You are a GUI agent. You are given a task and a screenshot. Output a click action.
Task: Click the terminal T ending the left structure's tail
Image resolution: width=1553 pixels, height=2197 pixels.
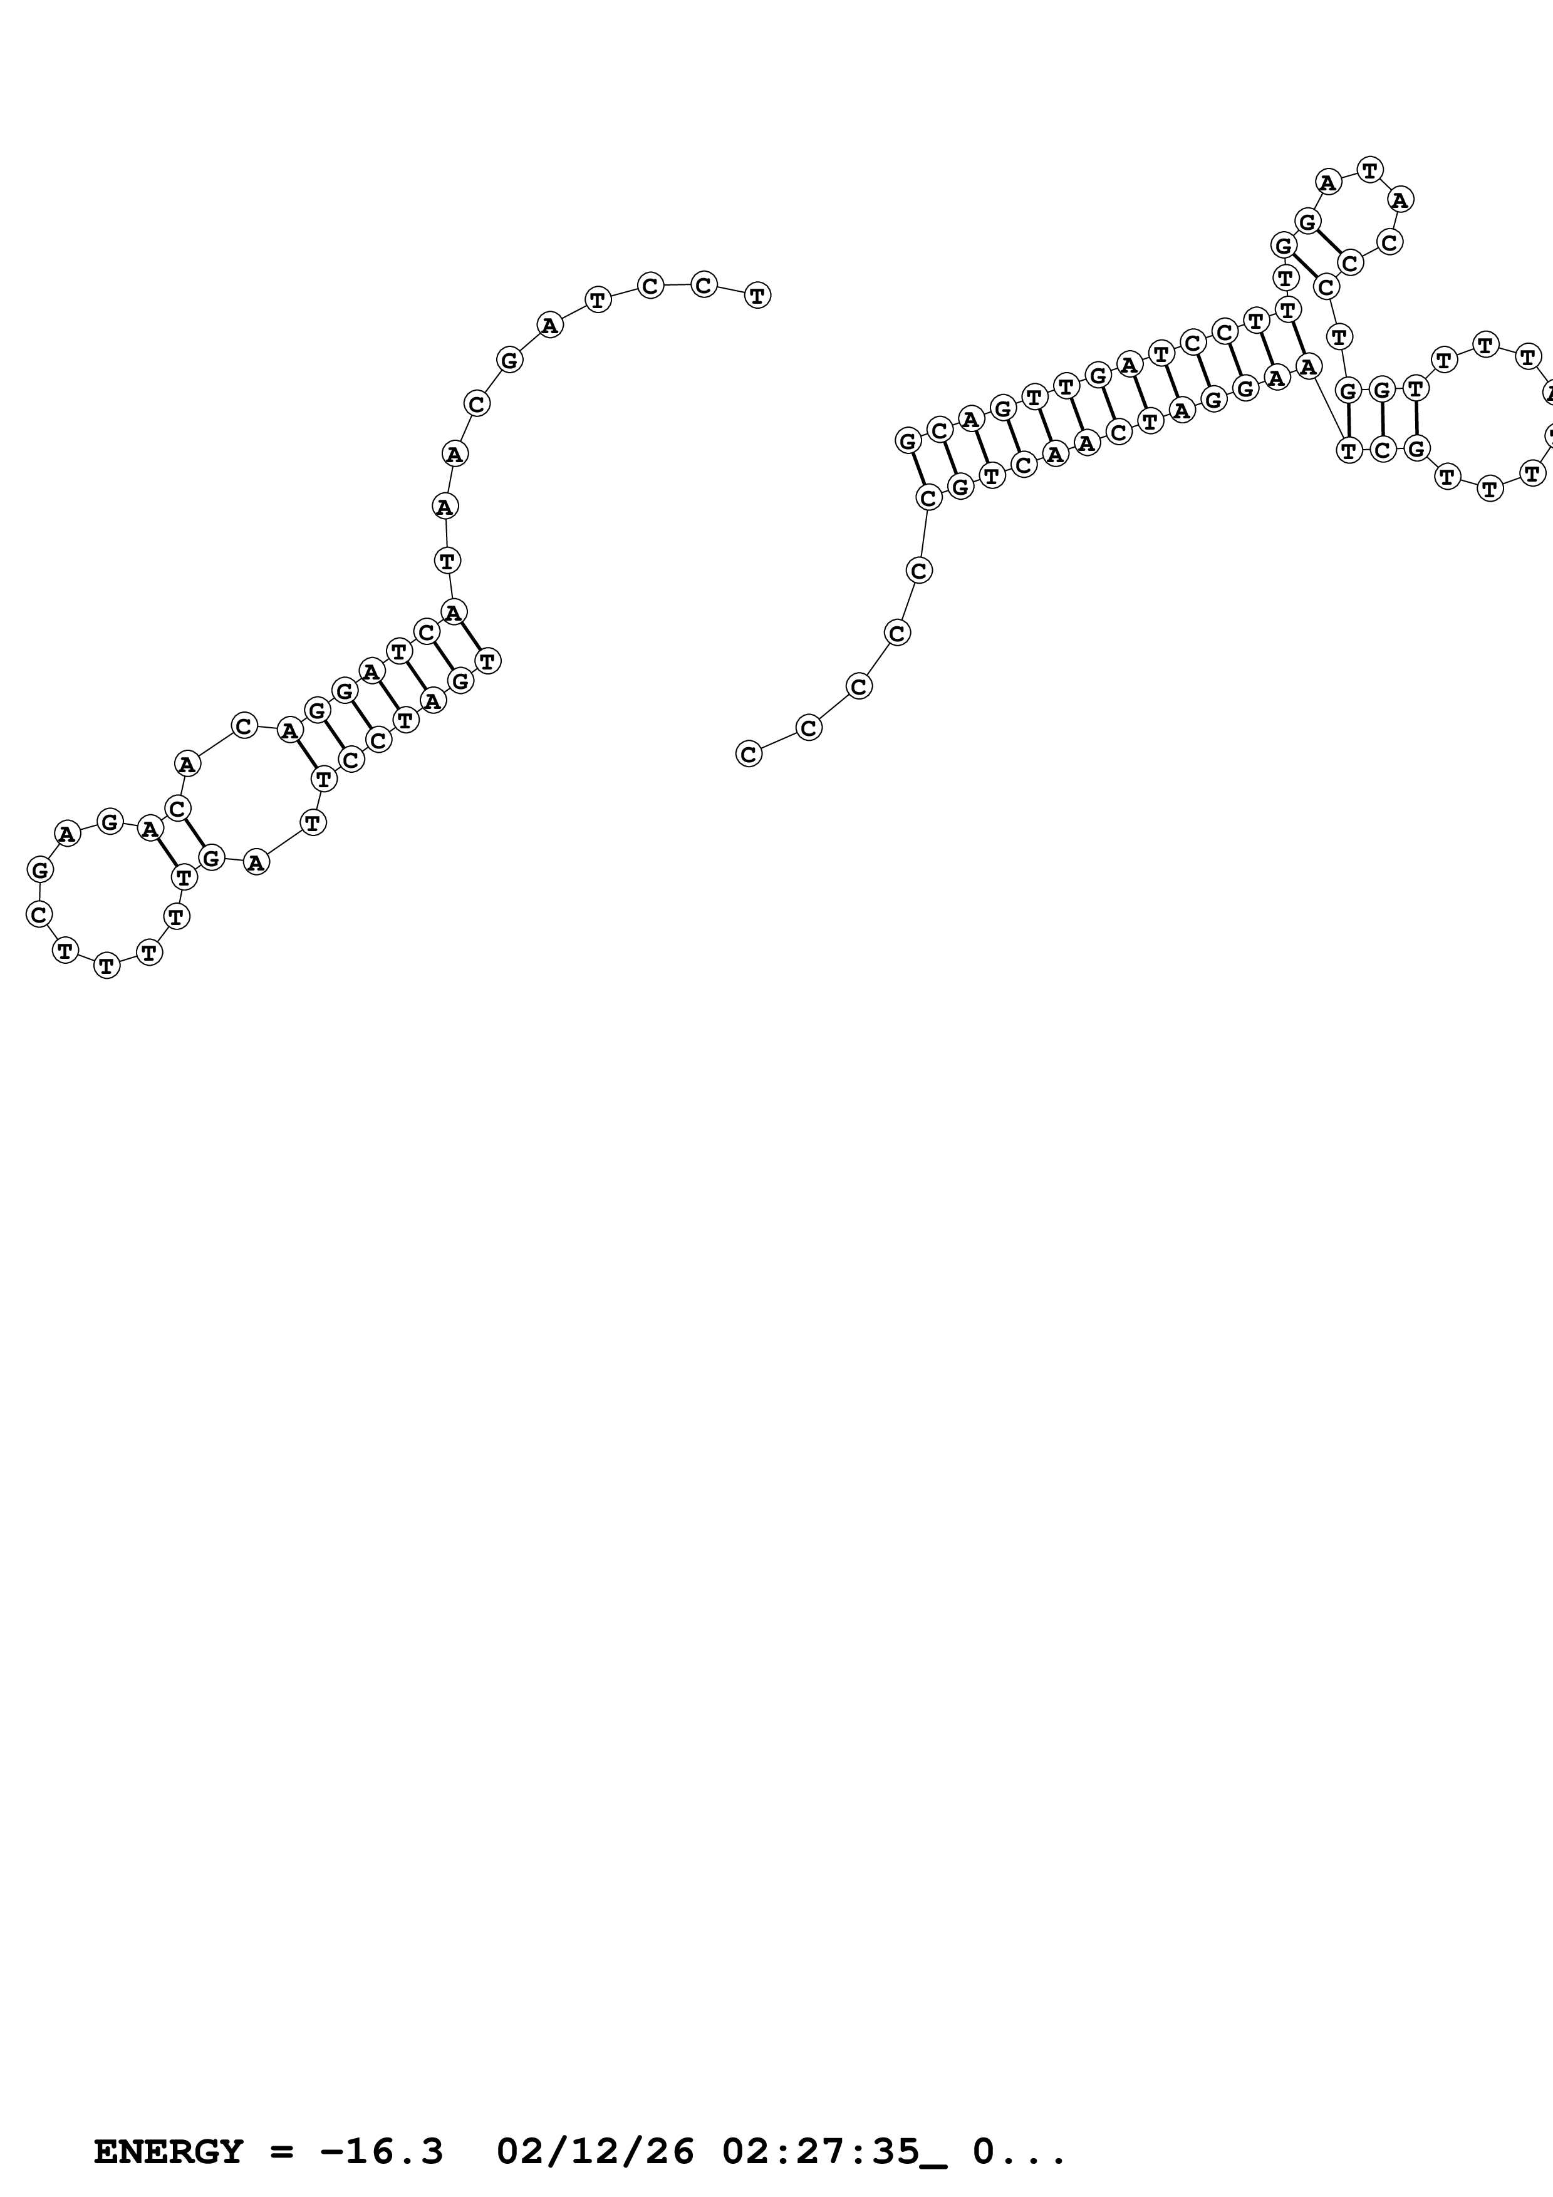pyautogui.click(x=757, y=295)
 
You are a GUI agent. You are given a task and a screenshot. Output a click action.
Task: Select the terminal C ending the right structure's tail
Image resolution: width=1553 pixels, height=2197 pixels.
pyautogui.click(x=748, y=754)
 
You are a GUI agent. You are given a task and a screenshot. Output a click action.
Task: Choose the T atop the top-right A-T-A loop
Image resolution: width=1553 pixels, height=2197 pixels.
pyautogui.click(x=1370, y=170)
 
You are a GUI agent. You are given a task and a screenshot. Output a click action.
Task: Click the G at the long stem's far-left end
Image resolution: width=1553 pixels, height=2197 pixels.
pyautogui.click(x=908, y=440)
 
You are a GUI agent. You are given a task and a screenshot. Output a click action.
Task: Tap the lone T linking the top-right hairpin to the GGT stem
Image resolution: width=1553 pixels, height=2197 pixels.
pyautogui.click(x=1339, y=336)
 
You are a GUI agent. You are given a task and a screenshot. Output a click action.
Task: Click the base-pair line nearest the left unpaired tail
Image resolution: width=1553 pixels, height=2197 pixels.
pyautogui.click(x=470, y=636)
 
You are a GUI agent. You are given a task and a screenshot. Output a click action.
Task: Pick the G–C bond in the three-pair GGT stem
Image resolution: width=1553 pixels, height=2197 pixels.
pyautogui.click(x=1383, y=418)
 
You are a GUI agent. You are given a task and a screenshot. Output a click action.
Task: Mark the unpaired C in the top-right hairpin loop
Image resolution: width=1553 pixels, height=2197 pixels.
pyautogui.click(x=1389, y=242)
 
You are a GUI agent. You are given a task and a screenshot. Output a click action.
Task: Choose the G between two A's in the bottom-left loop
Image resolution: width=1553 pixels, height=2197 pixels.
pyautogui.click(x=110, y=821)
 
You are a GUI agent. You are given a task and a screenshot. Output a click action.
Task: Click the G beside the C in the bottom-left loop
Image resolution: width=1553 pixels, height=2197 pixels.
pyautogui.click(x=40, y=870)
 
